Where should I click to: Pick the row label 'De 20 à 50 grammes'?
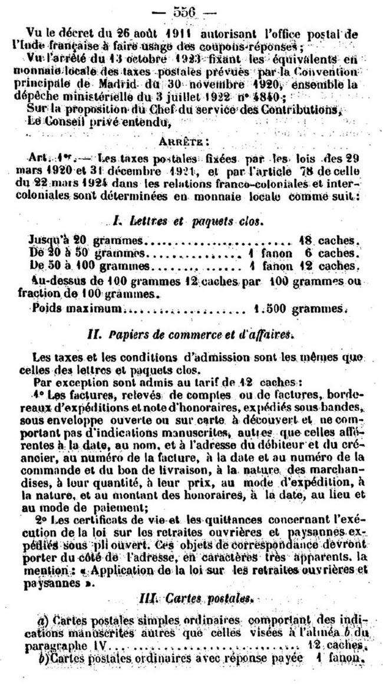tap(82, 253)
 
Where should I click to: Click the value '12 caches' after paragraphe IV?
tap(333, 660)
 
